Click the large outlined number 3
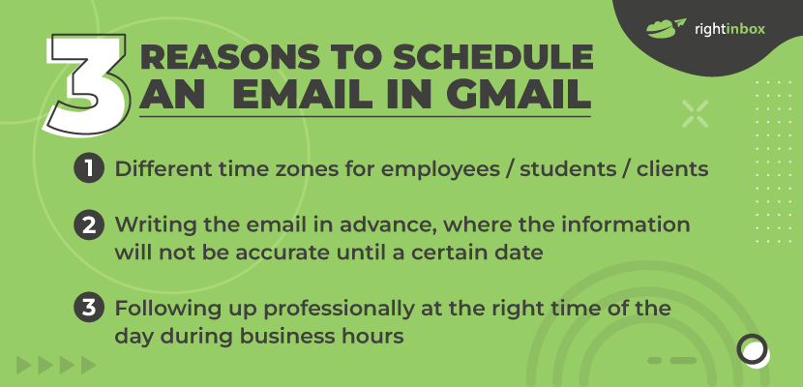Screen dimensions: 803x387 tap(87, 84)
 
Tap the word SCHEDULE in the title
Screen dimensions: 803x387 tap(492, 57)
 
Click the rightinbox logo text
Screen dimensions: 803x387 tap(729, 29)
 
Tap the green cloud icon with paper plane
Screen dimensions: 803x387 tap(666, 28)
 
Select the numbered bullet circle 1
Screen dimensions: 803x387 tap(89, 169)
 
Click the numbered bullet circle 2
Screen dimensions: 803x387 tap(89, 225)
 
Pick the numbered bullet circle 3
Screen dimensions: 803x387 tap(89, 309)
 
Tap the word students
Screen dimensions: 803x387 tap(568, 169)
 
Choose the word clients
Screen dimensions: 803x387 tap(672, 169)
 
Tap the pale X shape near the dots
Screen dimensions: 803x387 tap(695, 113)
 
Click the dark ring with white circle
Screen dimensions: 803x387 tap(753, 350)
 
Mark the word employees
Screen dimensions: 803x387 tap(440, 170)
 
